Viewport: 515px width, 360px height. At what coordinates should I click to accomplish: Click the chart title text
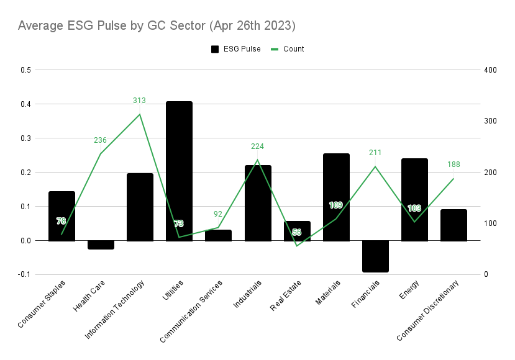coord(157,26)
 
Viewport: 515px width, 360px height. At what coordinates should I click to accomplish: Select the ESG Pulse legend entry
coord(236,49)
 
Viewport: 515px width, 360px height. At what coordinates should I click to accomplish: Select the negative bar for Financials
coord(375,256)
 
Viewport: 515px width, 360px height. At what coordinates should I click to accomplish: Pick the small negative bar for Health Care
coord(101,245)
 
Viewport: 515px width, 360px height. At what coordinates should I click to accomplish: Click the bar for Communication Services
coord(218,235)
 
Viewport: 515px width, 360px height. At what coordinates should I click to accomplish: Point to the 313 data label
coord(140,101)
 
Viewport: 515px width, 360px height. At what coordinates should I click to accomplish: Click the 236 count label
coord(101,140)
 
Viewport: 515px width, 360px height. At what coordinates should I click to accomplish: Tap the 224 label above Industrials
coord(258,146)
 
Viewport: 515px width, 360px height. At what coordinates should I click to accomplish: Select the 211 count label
coord(375,153)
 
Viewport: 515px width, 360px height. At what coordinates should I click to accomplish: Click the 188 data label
coord(454,164)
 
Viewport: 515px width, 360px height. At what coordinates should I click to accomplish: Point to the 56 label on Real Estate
coord(297,232)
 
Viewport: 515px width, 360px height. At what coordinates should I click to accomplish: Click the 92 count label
coord(218,214)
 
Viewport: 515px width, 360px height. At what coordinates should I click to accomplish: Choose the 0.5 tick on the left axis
coord(25,70)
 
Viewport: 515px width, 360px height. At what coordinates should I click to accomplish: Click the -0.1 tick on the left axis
coord(25,274)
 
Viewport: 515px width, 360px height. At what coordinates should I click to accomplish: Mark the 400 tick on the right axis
coord(490,70)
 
